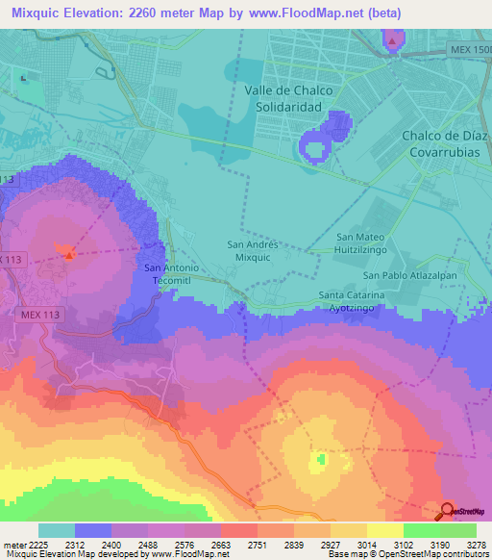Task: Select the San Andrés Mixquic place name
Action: [253, 252]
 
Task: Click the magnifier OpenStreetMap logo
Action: [449, 511]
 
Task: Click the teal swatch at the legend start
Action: [57, 530]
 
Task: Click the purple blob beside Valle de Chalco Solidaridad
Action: [325, 138]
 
